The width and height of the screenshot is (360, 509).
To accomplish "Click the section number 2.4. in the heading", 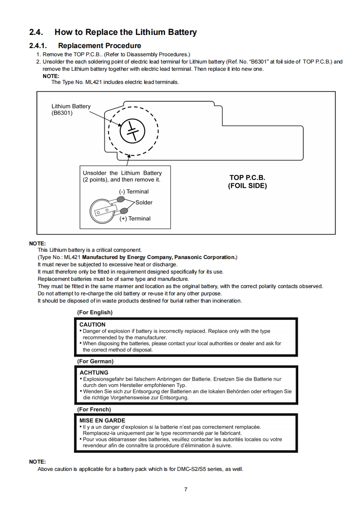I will point(38,32).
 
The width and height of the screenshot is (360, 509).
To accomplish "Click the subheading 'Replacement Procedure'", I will point(99,45).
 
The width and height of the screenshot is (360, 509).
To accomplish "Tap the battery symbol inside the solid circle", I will point(132,131).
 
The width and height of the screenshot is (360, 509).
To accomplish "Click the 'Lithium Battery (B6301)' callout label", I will point(71,109).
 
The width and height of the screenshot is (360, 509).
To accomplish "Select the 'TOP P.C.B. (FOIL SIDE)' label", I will point(247,181).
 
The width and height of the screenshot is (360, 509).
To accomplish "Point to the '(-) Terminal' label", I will point(134,191).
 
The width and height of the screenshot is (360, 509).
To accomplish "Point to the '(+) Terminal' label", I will point(135,218).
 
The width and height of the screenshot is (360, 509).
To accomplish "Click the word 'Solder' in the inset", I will point(144,202).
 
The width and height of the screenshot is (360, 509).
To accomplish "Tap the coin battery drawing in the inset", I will point(103,208).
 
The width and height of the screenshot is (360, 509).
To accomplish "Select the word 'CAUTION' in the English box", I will point(92,324).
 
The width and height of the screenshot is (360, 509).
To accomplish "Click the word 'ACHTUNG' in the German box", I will point(94,372).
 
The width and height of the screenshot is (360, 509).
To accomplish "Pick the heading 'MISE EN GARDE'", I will point(102,421).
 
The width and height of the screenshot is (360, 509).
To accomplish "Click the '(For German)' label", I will point(95,361).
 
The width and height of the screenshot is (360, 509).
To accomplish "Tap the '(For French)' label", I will point(94,409).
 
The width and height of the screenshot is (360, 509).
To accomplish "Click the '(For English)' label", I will point(94,312).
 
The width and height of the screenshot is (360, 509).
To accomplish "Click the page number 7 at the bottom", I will point(186,489).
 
